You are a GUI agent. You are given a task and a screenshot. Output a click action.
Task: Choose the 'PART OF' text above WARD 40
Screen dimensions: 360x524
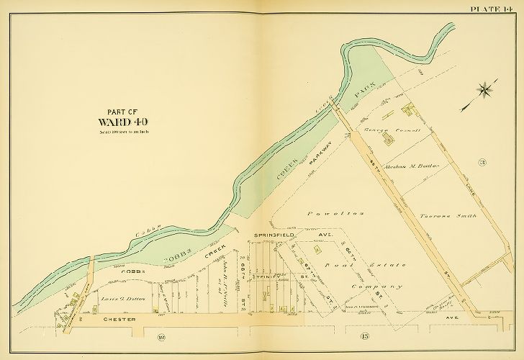[x=122, y=110]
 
